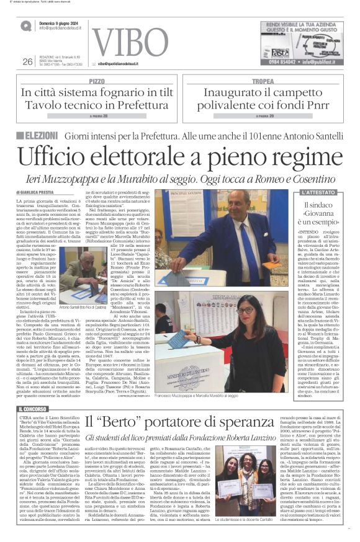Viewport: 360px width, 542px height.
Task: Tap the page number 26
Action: (x=27, y=61)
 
